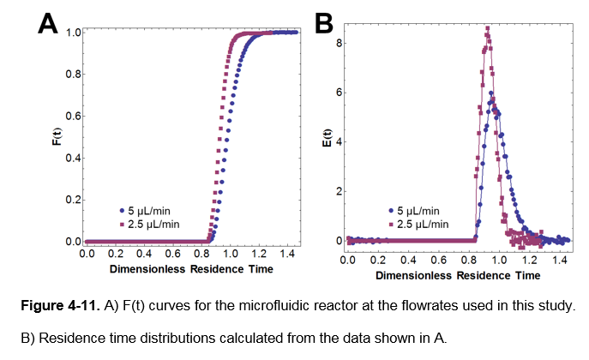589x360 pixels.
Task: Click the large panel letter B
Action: pos(324,23)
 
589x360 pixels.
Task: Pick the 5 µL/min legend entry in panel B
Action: pos(420,210)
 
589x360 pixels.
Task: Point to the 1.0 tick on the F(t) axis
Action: pos(73,33)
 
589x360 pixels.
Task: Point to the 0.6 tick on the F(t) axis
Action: pos(73,117)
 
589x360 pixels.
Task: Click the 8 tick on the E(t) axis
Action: pos(340,42)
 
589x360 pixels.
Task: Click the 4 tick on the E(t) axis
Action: pos(340,141)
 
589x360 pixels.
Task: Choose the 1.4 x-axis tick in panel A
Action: pos(287,255)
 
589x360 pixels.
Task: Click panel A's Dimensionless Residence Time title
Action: pos(191,269)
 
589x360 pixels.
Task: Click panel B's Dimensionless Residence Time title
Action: pos(457,275)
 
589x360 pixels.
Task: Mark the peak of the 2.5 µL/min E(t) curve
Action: pos(487,27)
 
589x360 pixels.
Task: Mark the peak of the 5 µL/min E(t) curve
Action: pos(491,93)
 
